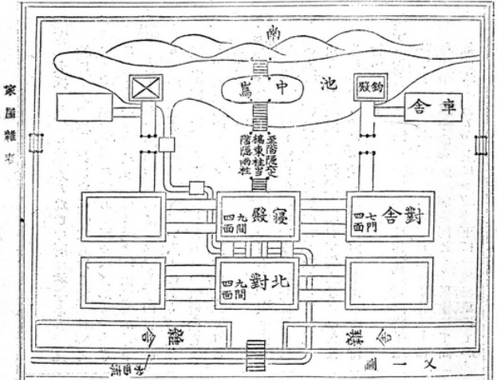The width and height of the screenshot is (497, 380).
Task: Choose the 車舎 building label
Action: coord(432,106)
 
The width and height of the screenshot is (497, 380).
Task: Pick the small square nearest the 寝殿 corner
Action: coord(195,188)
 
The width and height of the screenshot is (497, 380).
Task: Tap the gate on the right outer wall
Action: coord(480,146)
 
